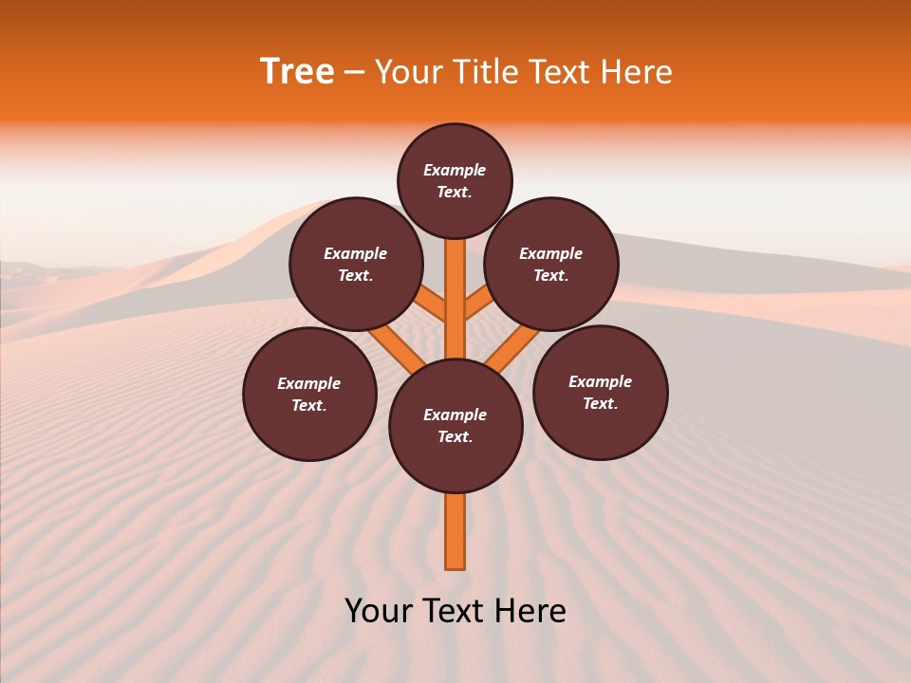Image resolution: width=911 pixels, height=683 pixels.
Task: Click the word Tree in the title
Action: [297, 72]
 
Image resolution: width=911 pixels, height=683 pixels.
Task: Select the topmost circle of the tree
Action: [455, 181]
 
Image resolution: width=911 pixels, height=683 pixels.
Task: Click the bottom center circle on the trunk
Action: [455, 426]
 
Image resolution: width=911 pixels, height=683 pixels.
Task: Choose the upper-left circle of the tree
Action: [356, 265]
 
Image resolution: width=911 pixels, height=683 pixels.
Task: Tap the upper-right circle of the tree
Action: [551, 265]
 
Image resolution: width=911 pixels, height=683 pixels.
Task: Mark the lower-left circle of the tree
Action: [309, 395]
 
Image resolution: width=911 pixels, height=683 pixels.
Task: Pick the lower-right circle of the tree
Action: [600, 393]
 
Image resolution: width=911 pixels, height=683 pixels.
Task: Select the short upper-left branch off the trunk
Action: [433, 305]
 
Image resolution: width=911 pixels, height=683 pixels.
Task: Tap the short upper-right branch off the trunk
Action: [478, 305]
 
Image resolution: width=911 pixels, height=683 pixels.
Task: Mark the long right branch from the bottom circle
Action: [513, 349]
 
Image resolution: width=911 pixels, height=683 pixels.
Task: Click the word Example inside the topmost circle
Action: [455, 171]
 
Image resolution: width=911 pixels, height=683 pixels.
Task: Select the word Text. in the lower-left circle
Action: [309, 406]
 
